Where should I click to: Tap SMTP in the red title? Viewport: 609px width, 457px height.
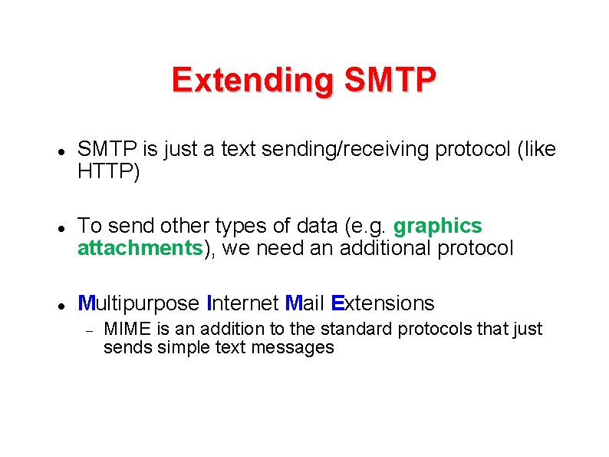(390, 79)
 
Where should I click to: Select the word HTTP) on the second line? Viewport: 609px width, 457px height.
(109, 172)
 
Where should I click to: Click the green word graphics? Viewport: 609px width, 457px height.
(437, 226)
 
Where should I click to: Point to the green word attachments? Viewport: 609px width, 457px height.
(140, 248)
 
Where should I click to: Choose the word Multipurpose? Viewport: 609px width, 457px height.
(139, 303)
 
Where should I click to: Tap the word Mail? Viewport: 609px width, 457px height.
(304, 303)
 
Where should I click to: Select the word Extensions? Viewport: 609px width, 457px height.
(382, 303)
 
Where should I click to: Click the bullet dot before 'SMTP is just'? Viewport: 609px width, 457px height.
(59, 151)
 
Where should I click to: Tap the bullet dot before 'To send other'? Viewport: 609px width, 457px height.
(59, 227)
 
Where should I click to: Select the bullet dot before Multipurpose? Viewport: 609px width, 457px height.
(59, 305)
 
